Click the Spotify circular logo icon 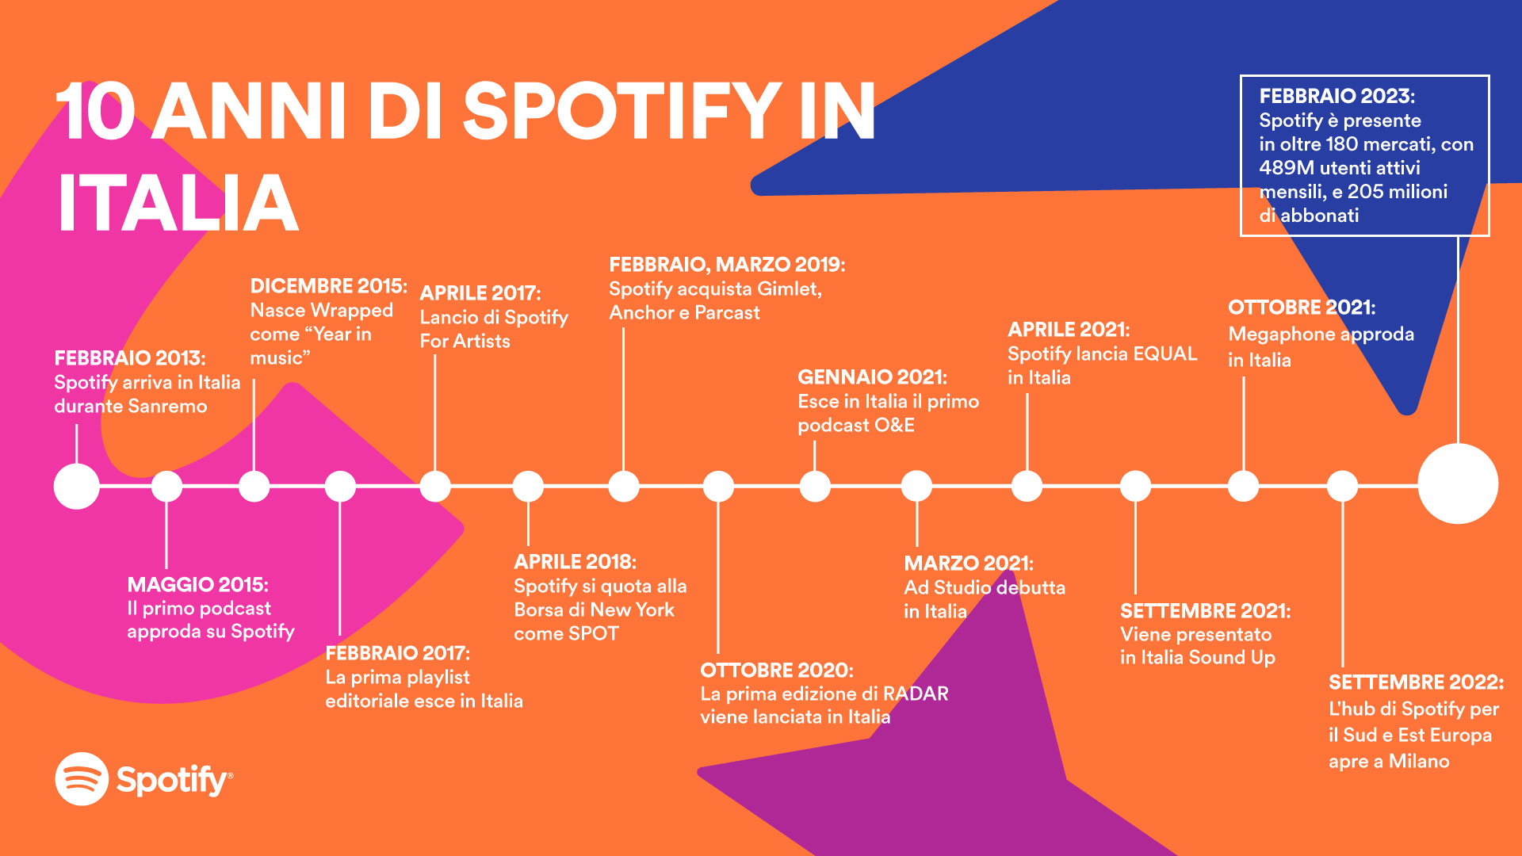click(x=82, y=779)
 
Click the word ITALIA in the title click(x=178, y=203)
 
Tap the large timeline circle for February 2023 click(x=1457, y=483)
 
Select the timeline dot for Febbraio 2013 click(x=77, y=486)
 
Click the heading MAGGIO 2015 click(x=197, y=585)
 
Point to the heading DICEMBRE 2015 click(x=328, y=285)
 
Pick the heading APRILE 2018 click(x=575, y=562)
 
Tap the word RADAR click(x=916, y=694)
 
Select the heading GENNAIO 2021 click(x=872, y=377)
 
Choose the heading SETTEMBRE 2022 click(x=1416, y=682)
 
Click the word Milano click(x=1419, y=762)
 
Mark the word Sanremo click(x=168, y=407)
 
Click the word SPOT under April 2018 click(x=596, y=634)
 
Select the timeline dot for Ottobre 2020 click(x=718, y=487)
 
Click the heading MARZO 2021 click(x=969, y=564)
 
